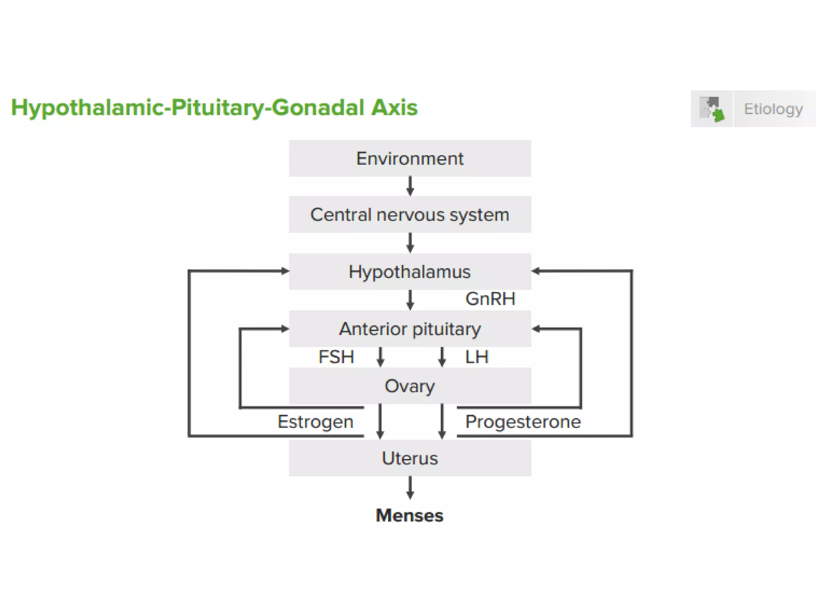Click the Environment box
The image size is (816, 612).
coord(410,158)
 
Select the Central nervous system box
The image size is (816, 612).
coord(410,214)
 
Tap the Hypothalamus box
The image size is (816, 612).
coord(410,272)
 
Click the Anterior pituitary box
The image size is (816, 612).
coord(410,329)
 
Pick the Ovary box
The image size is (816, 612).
coord(410,386)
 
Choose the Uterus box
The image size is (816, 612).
coord(410,458)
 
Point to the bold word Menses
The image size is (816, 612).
coord(409,515)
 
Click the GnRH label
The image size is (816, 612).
coord(490,299)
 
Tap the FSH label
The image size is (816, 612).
coord(336,357)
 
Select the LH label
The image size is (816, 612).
coord(477,357)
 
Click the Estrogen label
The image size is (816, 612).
coord(315,421)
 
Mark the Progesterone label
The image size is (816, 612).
coord(523,421)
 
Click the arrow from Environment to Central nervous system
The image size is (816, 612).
coord(410,186)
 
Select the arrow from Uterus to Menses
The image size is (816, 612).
coord(410,488)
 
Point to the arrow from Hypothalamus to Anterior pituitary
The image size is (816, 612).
coord(410,300)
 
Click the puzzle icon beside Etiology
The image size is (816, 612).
coord(712,109)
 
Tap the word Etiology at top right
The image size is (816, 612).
coord(773,109)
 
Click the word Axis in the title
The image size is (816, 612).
coord(394,108)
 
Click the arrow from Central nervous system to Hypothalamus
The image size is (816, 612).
coord(410,243)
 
